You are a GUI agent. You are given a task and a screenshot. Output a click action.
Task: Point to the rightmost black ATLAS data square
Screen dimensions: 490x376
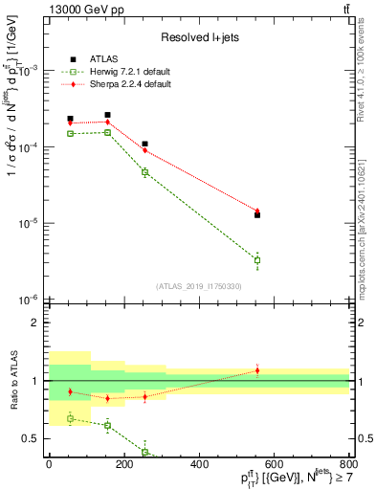(257, 215)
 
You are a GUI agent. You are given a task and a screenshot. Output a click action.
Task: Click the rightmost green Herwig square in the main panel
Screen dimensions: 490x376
(257, 260)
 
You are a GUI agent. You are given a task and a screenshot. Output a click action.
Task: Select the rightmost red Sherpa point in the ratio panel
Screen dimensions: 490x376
(257, 370)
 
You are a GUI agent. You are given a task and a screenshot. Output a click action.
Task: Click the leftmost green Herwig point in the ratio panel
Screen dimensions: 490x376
(70, 418)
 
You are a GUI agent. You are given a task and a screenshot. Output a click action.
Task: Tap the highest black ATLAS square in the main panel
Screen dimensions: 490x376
(107, 115)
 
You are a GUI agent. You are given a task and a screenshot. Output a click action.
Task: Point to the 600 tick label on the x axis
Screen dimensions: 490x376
(274, 465)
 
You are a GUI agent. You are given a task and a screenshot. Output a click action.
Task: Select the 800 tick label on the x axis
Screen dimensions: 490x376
(348, 465)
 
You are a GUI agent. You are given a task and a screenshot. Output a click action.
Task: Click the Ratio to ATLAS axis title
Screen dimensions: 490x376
(12, 380)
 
